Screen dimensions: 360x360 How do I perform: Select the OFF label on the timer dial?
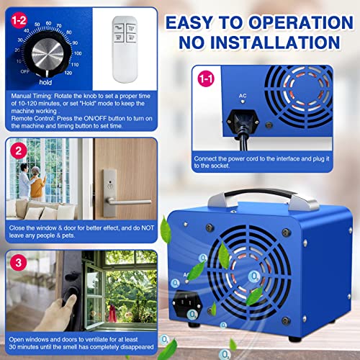[24, 71]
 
